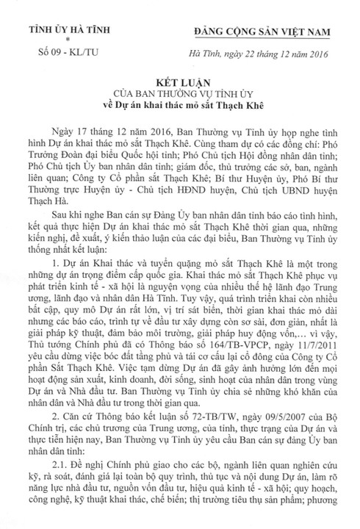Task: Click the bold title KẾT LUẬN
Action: click(179, 84)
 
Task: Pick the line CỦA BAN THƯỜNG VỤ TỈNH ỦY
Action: click(179, 96)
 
